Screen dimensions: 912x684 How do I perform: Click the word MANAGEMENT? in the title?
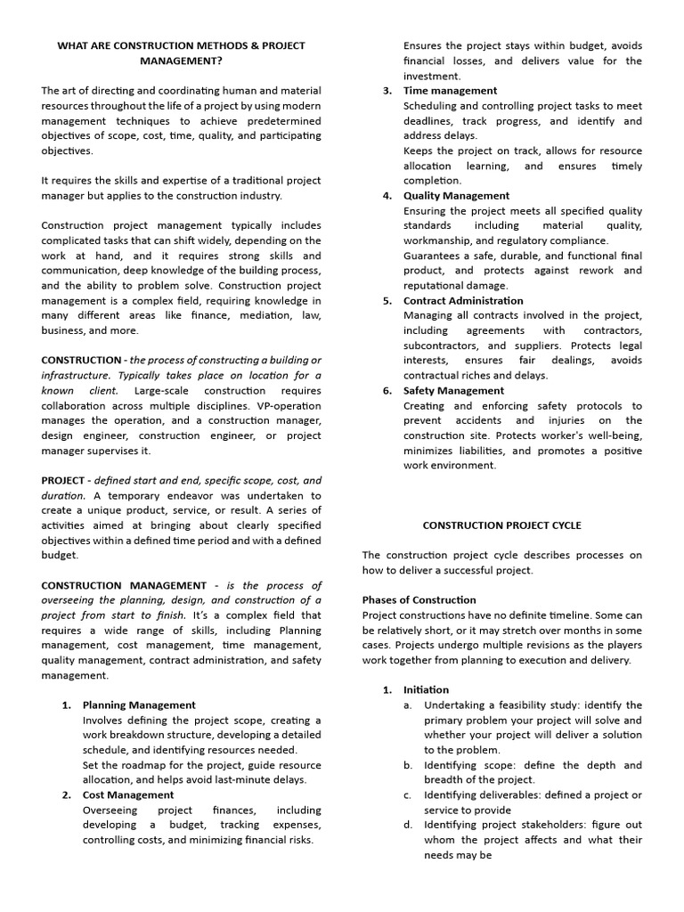182,61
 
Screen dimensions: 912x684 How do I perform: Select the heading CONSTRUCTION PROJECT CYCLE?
501,525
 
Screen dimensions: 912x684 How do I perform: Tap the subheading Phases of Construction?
419,599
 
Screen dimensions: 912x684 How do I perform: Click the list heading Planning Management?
139,704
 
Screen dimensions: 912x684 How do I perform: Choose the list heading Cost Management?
128,794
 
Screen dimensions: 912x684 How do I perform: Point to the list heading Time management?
450,91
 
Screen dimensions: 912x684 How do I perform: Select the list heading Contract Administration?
463,300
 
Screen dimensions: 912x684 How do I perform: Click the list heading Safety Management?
453,390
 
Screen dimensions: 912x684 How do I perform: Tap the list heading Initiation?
426,689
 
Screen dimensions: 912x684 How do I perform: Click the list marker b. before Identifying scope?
407,765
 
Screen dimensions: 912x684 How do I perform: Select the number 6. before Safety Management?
387,390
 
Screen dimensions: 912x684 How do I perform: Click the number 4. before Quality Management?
387,196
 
